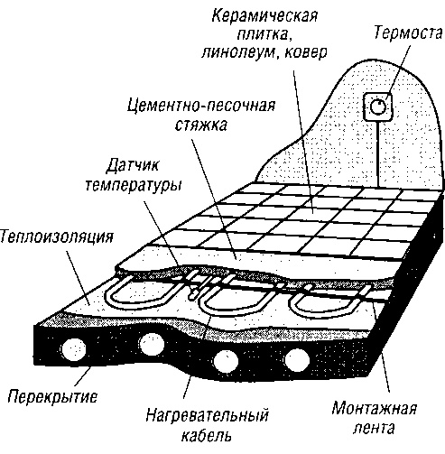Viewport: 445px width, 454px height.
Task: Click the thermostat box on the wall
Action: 377,107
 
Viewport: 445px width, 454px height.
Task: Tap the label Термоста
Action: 403,33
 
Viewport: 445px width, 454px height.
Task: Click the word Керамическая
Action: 264,17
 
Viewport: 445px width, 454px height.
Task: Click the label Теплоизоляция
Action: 56,238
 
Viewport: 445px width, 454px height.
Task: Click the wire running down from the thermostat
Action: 375,144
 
